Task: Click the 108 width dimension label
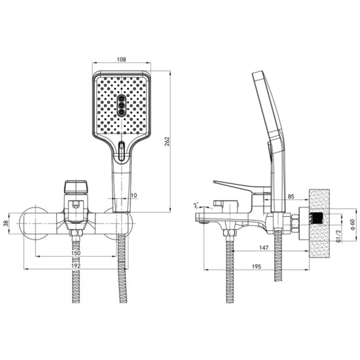click(122, 60)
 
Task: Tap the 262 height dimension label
click(167, 141)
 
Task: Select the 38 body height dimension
click(6, 223)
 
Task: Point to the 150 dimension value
click(76, 253)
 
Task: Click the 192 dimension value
click(76, 266)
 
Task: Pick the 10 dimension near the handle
click(134, 196)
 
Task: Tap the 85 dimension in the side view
click(291, 196)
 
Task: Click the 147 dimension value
click(264, 248)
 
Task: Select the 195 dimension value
click(257, 266)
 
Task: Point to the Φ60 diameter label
click(352, 225)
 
